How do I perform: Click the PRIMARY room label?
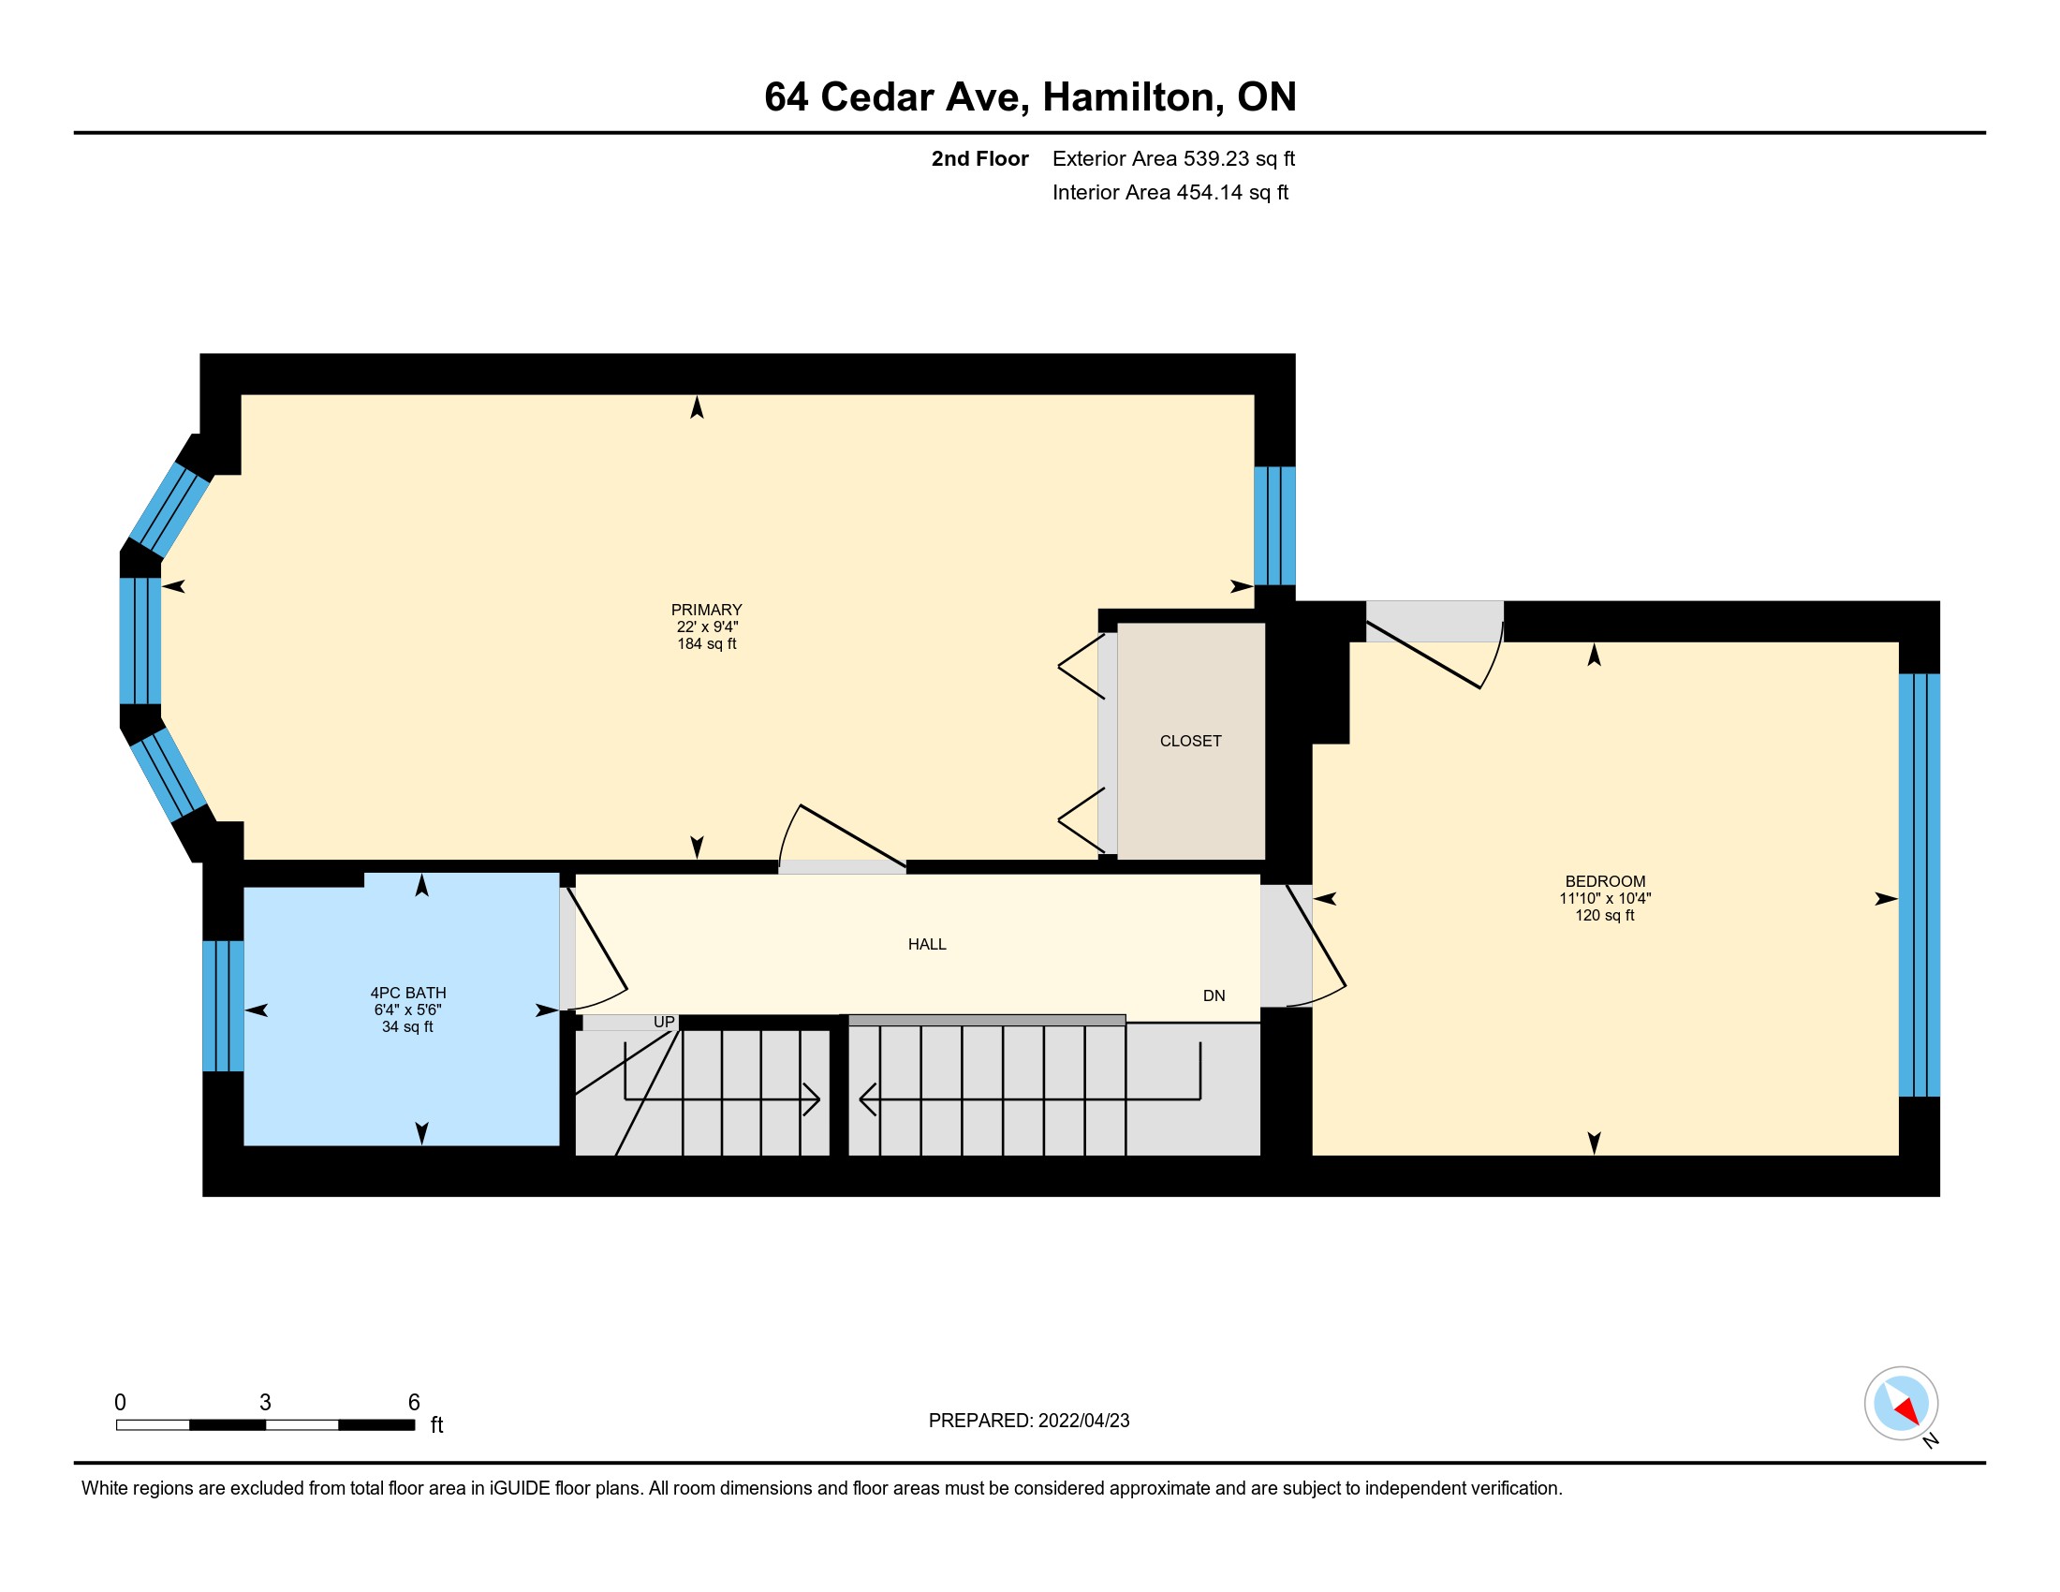pos(706,611)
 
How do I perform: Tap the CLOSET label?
pos(1190,742)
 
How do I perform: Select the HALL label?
pos(927,944)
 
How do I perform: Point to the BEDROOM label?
pos(1604,882)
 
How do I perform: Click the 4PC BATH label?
pos(408,993)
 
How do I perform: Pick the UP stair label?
pos(664,1023)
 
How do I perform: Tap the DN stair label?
pos(1214,996)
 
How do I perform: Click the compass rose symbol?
pos(1902,1404)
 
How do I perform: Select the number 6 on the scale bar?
pos(413,1403)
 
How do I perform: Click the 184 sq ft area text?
pos(706,644)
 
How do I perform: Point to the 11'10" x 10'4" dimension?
pos(1604,899)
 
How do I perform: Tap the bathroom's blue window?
pos(224,1007)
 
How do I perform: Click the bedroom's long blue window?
pos(1920,886)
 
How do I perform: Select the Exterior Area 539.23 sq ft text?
pos(1173,158)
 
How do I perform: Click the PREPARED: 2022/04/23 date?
pos(1029,1421)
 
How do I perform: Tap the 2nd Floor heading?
pos(980,158)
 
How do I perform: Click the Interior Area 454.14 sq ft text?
pos(1170,192)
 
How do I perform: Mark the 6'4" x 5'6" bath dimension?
pos(407,1010)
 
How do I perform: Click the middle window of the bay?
pos(140,641)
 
